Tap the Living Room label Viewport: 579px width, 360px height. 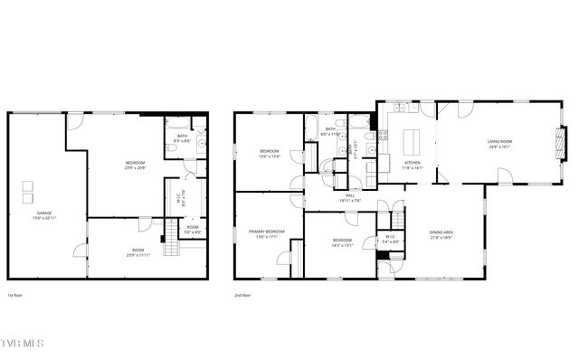(x=499, y=145)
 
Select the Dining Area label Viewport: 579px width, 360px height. (x=442, y=235)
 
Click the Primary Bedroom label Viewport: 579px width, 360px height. (x=267, y=234)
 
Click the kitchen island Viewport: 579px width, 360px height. (x=412, y=143)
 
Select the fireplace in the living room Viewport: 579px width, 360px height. (x=562, y=142)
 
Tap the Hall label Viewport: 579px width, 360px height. (x=350, y=197)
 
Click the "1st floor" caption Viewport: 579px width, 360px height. (x=14, y=296)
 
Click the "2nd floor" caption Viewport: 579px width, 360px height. (x=242, y=296)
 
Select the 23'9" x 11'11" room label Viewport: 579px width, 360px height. (x=138, y=253)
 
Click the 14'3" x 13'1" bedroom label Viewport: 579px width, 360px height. (x=341, y=243)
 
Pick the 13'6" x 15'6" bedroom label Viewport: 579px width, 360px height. (x=270, y=154)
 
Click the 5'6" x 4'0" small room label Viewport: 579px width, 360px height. (x=192, y=230)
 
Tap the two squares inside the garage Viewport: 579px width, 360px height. (x=28, y=191)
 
